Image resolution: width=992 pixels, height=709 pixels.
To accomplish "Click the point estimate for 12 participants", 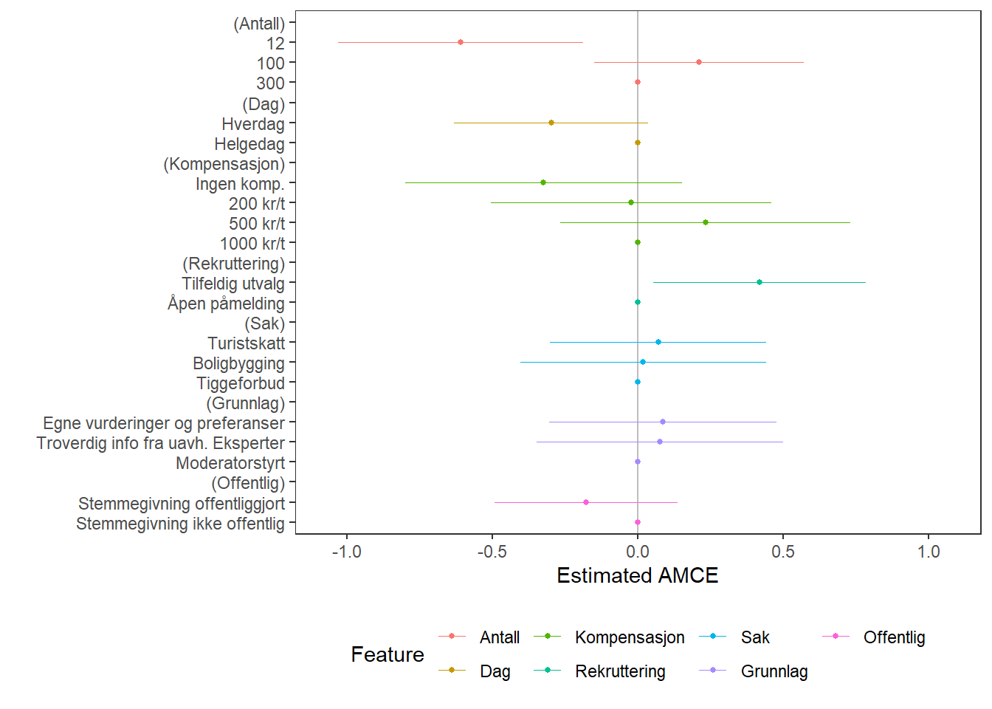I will coord(461,42).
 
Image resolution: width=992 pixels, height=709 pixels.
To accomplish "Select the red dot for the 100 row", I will coord(699,62).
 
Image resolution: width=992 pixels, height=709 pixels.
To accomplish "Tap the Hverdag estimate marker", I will coord(551,123).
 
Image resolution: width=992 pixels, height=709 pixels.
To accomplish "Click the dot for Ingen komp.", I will coord(543,182).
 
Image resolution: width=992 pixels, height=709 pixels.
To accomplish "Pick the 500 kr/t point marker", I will coord(706,222).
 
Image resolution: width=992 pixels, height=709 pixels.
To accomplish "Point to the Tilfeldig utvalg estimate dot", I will coord(759,282).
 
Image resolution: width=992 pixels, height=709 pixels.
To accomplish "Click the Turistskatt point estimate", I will coord(658,342).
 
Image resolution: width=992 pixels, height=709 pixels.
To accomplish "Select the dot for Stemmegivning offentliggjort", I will coord(586,502).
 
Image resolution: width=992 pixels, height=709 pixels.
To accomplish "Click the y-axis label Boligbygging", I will coord(238,363).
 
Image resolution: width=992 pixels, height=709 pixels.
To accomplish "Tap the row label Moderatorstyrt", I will coord(230,463).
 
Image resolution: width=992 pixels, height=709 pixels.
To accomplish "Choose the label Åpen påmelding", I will coord(226,304).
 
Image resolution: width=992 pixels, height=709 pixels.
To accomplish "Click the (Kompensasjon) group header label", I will coord(224,164).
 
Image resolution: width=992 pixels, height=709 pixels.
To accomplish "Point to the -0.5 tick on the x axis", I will coord(492,552).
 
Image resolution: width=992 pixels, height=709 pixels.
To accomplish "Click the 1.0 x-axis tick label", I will coord(929,552).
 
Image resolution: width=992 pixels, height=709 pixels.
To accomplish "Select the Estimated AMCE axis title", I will coord(637,576).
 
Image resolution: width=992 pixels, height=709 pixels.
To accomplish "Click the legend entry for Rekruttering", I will coord(620,671).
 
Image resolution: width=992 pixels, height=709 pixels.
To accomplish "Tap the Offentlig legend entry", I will coord(894,637).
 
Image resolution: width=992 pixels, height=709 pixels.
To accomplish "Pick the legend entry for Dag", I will coord(495,671).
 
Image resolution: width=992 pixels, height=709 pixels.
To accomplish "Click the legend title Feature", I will coord(387,654).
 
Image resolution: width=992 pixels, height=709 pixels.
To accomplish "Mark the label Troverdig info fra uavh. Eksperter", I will coord(161,443).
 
